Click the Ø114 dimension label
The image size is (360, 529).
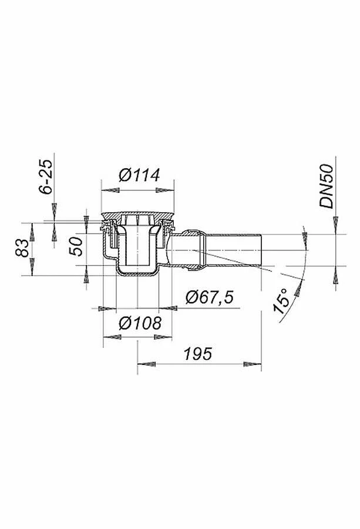(x=139, y=176)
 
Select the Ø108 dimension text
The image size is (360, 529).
(x=139, y=323)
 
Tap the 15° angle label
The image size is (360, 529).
(x=284, y=301)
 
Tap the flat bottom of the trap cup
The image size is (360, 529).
(x=137, y=273)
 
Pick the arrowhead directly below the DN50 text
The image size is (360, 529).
(x=335, y=222)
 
